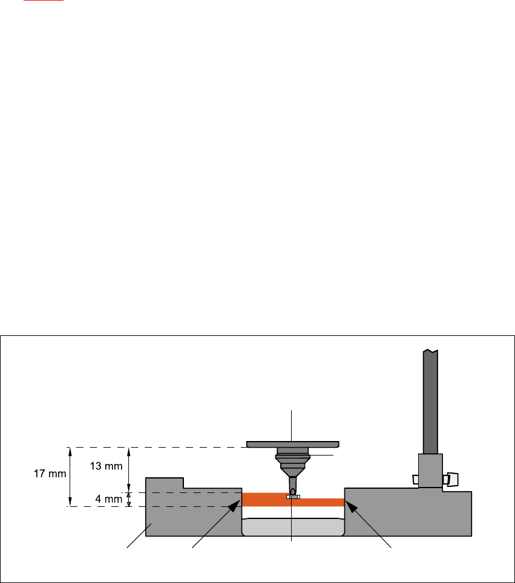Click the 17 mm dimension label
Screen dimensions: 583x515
tap(50, 474)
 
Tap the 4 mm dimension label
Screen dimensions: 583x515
tap(109, 500)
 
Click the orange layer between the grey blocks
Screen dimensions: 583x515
tap(260, 500)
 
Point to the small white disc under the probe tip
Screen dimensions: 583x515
tap(293, 497)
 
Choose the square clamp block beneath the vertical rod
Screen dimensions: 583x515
tap(430, 471)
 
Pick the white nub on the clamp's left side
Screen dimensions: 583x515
tap(415, 479)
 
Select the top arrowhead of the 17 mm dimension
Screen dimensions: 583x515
tap(70, 450)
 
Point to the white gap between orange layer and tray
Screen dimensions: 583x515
tap(293, 512)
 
